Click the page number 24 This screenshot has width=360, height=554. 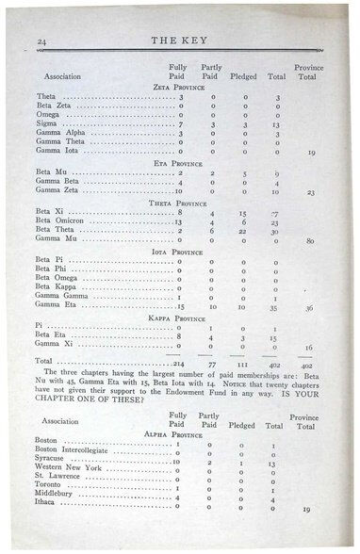click(41, 41)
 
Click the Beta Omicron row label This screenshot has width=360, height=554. click(56, 222)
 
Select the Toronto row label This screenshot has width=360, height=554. click(49, 488)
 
